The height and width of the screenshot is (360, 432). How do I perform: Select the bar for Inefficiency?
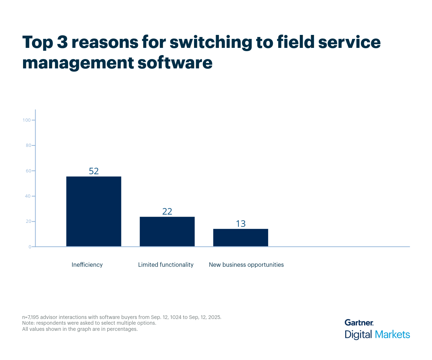94,211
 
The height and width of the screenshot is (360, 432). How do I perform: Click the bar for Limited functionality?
167,231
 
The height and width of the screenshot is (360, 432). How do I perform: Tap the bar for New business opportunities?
240,238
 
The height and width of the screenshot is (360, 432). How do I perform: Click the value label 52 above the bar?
94,171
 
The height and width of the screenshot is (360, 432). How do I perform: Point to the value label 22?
167,211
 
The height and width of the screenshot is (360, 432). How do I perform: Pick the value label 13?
240,224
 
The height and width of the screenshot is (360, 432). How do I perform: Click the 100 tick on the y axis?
27,120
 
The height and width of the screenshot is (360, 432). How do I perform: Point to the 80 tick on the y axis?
28,145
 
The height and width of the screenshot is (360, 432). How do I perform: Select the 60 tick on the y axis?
28,171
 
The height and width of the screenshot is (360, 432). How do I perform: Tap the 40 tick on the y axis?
28,196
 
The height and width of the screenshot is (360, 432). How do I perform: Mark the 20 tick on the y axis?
28,221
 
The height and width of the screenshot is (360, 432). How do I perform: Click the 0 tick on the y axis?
30,247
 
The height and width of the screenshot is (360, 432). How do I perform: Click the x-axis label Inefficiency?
87,265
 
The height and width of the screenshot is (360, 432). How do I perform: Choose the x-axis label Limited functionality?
166,265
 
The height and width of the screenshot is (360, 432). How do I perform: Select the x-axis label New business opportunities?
246,265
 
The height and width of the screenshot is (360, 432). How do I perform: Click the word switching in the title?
210,43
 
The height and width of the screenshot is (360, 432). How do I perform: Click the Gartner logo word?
359,323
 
